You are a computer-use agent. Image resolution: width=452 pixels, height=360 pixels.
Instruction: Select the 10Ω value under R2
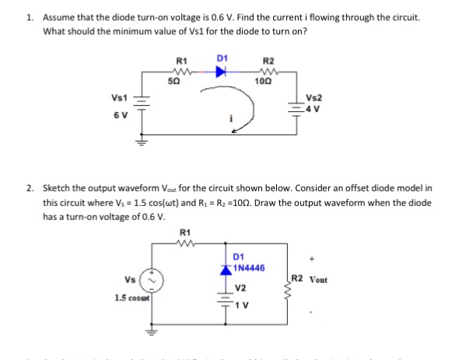pyautogui.click(x=268, y=81)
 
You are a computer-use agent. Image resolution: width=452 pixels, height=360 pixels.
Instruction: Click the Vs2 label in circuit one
pyautogui.click(x=314, y=98)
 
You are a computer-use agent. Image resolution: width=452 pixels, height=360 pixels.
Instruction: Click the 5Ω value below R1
pyautogui.click(x=183, y=81)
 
